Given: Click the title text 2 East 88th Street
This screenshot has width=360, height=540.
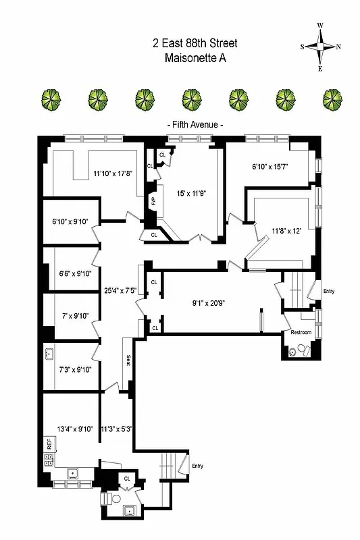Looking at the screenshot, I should (x=195, y=44).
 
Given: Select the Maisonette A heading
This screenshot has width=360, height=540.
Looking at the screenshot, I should (x=195, y=59).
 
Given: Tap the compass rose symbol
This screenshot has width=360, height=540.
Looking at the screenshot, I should (x=320, y=47).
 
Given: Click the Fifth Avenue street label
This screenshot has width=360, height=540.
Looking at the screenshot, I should (x=195, y=126).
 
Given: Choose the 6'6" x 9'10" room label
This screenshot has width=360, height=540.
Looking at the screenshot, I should (x=75, y=273).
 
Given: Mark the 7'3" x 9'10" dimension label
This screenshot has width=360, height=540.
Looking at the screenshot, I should (x=75, y=369).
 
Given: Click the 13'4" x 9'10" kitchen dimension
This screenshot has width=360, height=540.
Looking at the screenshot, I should (x=70, y=428).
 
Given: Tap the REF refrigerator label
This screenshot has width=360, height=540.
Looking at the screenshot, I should (x=49, y=443).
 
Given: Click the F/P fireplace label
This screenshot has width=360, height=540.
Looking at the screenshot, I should (x=153, y=200).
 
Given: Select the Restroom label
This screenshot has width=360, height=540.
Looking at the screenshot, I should (x=301, y=333).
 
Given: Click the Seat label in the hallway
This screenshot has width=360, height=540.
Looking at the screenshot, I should (x=127, y=360).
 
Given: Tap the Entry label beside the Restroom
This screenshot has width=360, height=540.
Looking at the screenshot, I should (x=329, y=292).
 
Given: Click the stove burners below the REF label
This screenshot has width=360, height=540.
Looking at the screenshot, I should (x=49, y=460).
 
